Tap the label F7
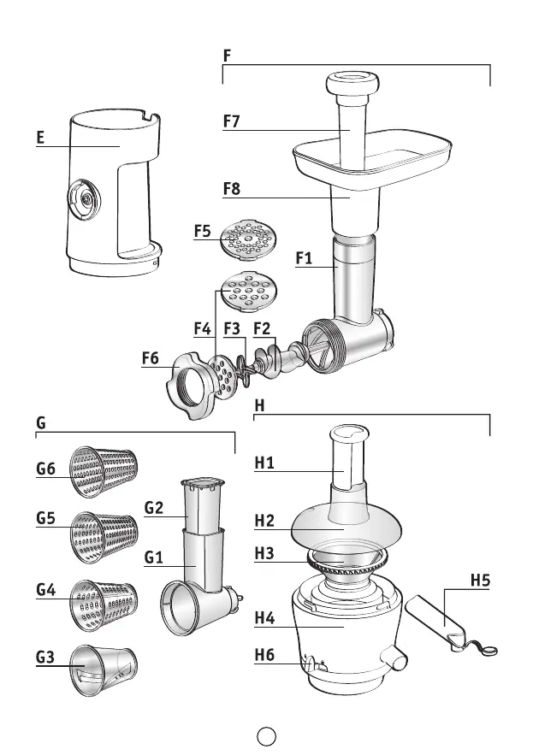(x=231, y=121)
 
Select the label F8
(x=231, y=189)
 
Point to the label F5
(x=202, y=231)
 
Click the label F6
(x=151, y=360)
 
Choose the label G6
(x=45, y=468)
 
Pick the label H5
(x=480, y=581)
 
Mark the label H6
(x=264, y=656)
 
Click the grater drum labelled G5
(x=104, y=536)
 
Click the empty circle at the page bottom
(x=265, y=735)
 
